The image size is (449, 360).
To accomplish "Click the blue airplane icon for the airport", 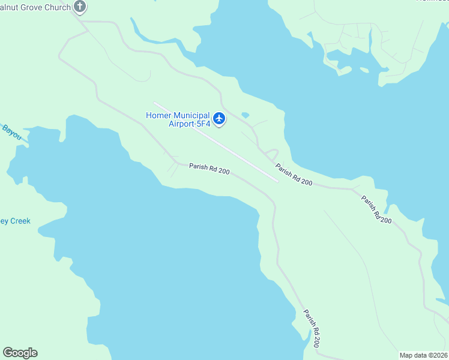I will click(219, 119).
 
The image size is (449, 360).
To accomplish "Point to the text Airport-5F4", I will click(188, 124).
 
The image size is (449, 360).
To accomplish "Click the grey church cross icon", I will click(80, 7).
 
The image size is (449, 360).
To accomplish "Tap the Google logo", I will click(20, 353).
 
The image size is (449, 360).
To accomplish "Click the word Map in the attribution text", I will click(407, 355).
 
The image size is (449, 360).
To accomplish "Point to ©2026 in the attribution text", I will click(438, 355).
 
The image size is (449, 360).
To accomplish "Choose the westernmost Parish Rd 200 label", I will click(209, 169).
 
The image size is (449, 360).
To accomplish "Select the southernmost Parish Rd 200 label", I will click(312, 329).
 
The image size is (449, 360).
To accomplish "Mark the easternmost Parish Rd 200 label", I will click(376, 209).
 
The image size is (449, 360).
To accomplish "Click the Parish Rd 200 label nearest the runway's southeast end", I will click(294, 174).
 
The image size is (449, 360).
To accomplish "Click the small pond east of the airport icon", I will click(245, 115).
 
